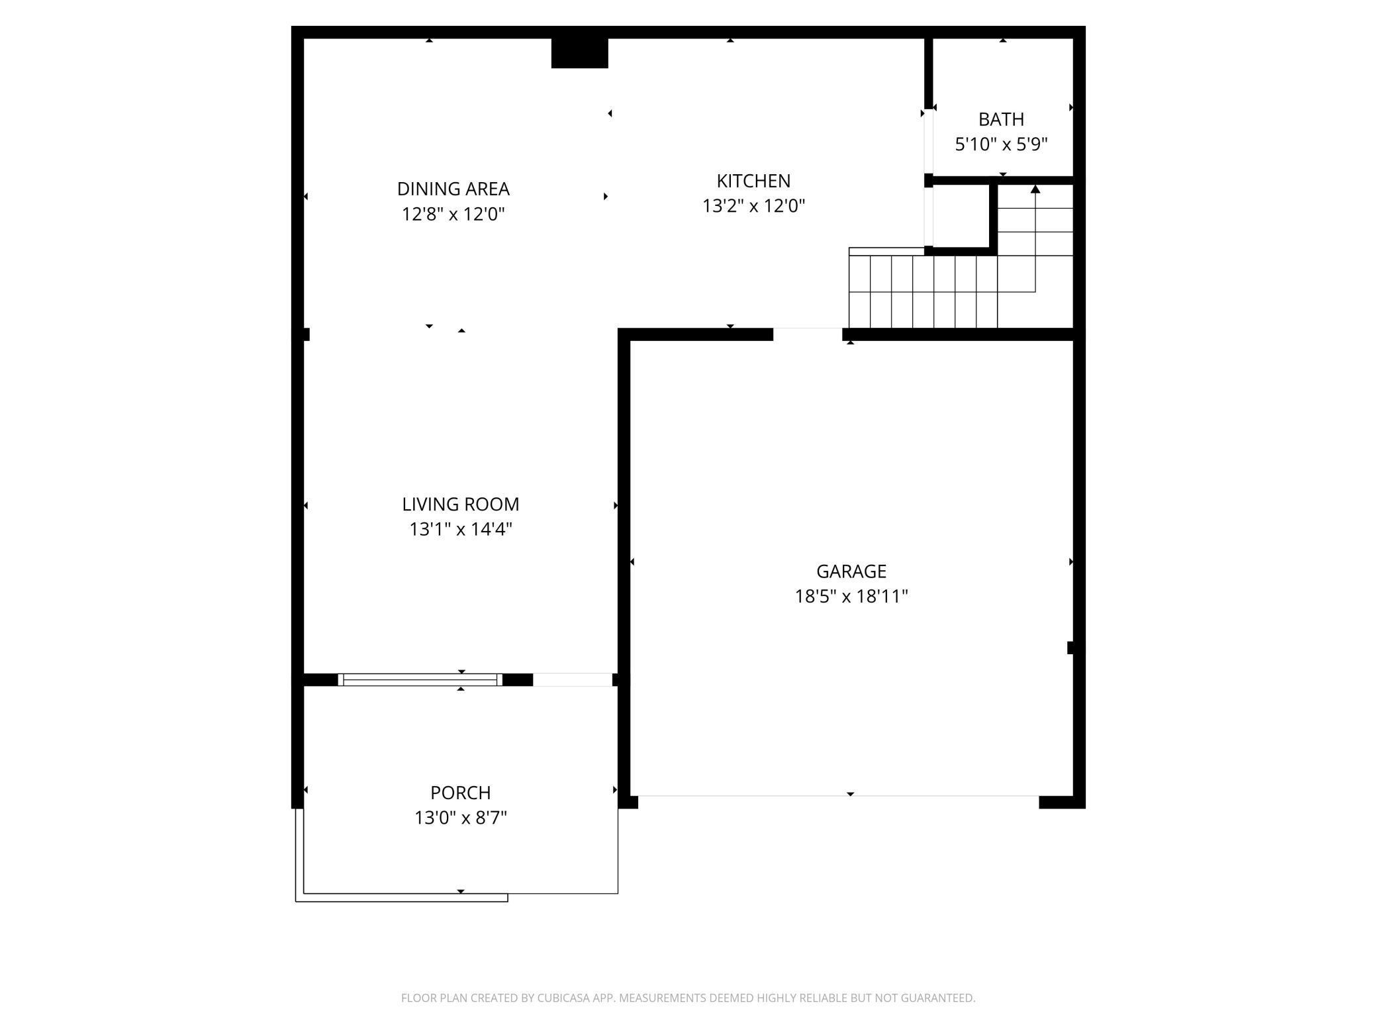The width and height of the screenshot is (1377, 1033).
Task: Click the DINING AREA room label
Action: click(x=453, y=189)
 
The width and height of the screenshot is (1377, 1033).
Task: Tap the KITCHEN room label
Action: click(x=753, y=181)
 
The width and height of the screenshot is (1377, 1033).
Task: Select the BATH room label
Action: click(x=1001, y=119)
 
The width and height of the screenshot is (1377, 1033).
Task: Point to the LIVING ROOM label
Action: click(x=461, y=504)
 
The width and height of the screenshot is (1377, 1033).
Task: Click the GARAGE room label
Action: click(x=851, y=571)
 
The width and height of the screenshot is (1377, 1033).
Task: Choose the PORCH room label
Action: click(x=461, y=793)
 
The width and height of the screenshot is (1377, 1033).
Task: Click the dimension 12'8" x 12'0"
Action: click(x=453, y=214)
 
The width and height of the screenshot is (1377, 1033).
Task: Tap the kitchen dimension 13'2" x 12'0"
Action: click(x=753, y=206)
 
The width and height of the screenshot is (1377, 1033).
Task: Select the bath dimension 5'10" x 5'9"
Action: click(x=1001, y=144)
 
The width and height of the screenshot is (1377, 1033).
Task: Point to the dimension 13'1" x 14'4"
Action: click(x=461, y=529)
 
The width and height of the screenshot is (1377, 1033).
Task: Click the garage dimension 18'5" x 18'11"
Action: click(x=851, y=596)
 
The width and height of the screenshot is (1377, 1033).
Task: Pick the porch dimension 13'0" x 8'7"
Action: click(x=461, y=818)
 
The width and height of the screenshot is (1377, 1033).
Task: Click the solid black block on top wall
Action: click(x=580, y=53)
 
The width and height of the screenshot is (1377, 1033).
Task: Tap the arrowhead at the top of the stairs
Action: click(x=1035, y=189)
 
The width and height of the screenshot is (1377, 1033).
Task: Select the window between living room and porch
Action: click(x=420, y=679)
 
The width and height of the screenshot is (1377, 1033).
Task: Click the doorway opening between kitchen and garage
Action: click(x=808, y=334)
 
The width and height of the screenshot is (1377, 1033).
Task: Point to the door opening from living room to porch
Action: click(x=573, y=679)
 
